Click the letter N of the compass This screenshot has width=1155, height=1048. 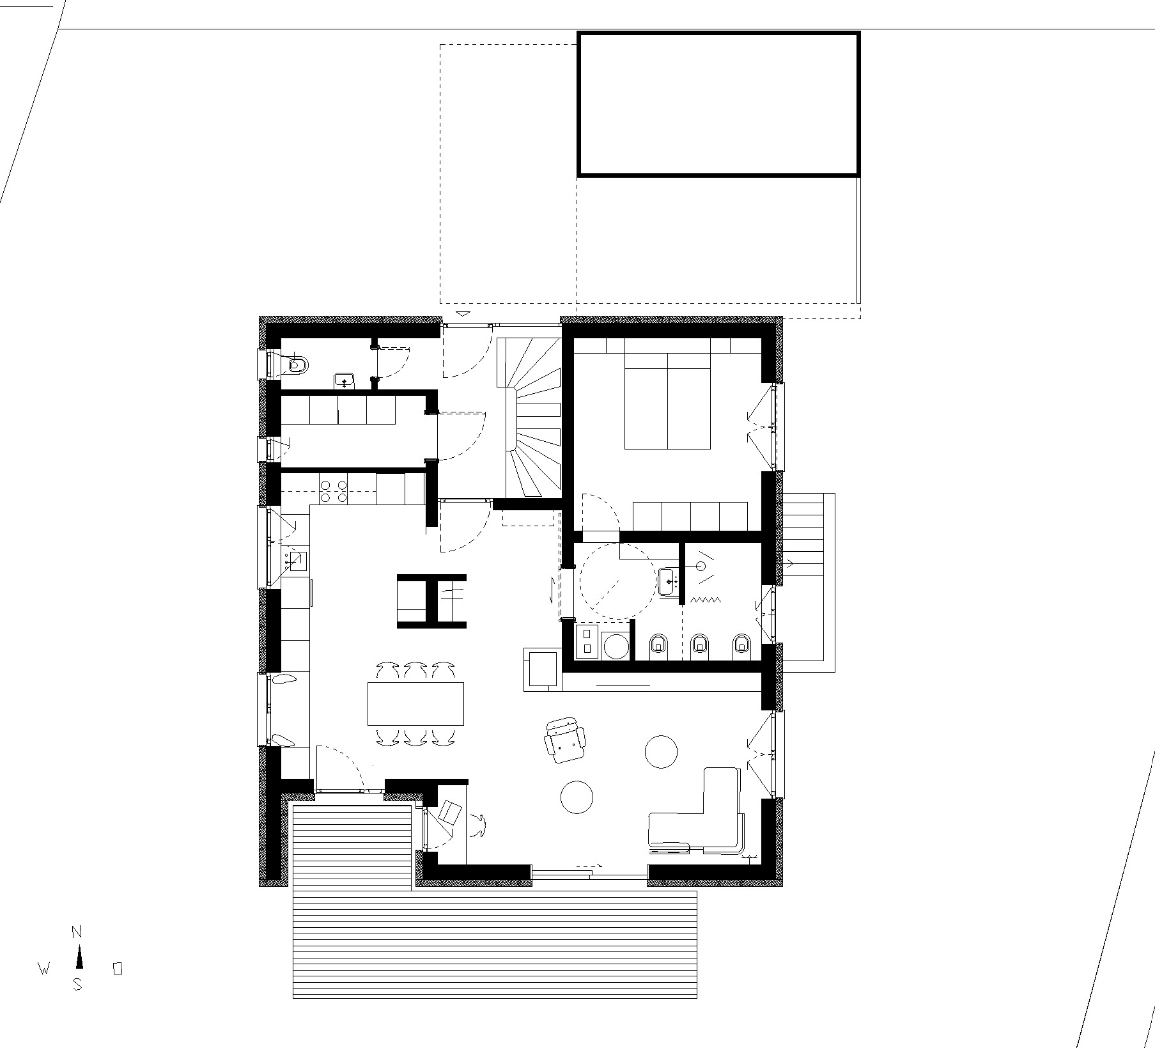(77, 933)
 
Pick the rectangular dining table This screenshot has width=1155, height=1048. (415, 703)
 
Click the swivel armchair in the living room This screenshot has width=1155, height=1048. (565, 740)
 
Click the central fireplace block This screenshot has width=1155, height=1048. (432, 601)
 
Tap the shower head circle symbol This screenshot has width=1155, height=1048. (701, 565)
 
